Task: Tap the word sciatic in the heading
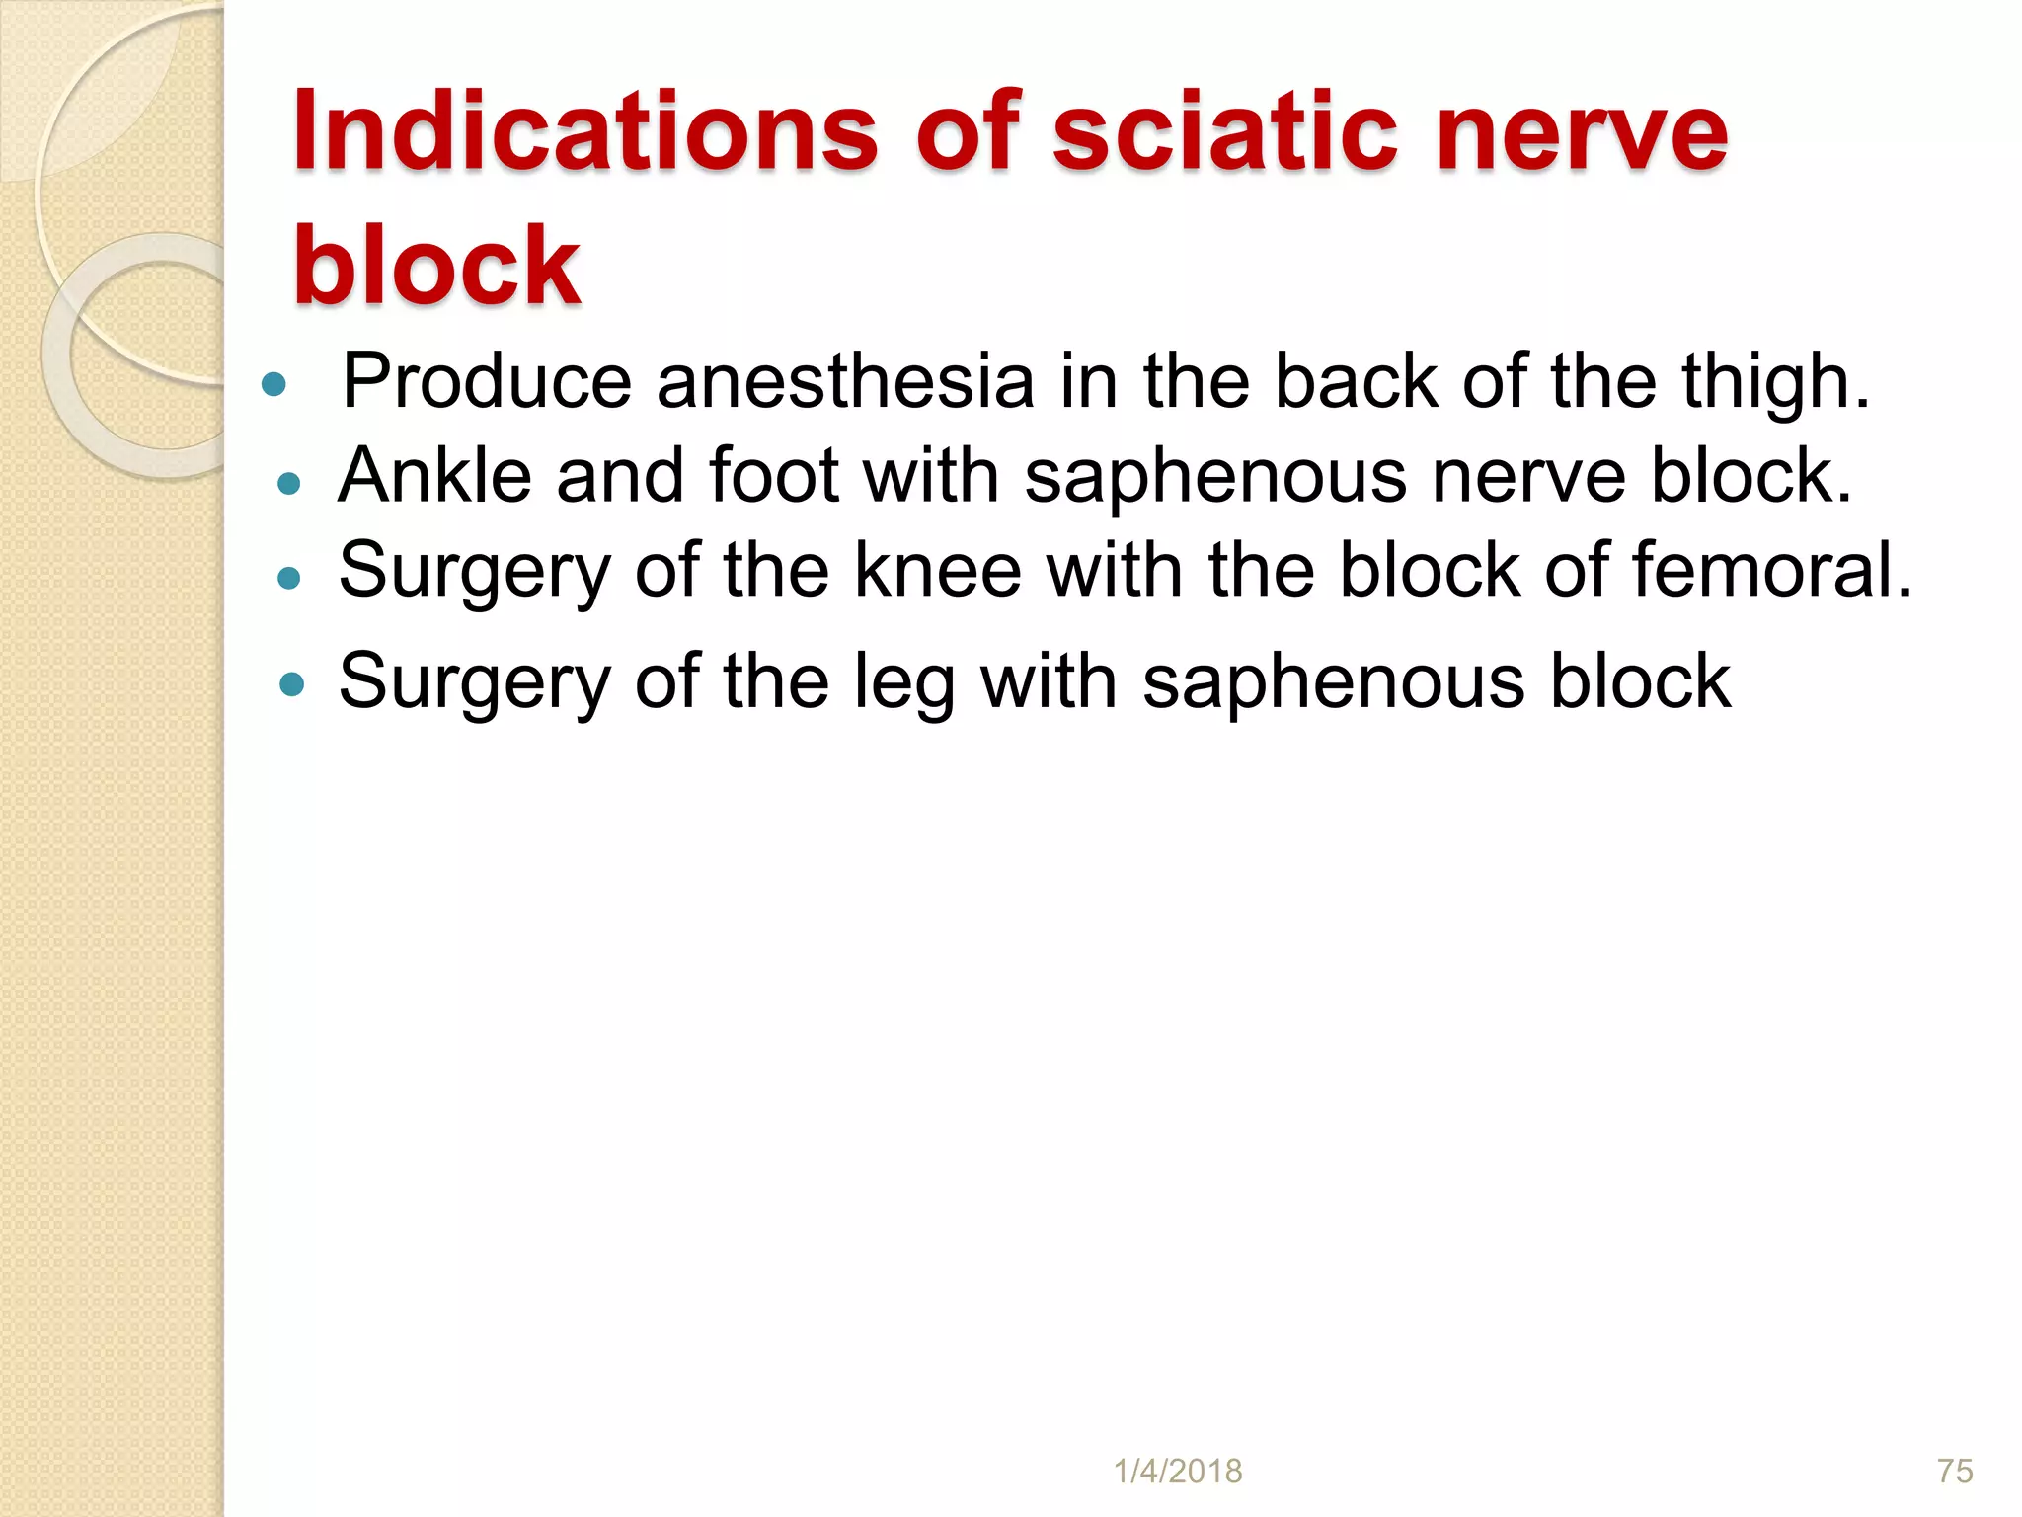coord(1224,132)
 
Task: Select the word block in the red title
coord(436,265)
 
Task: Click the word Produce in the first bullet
coord(487,381)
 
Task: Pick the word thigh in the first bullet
coord(1776,381)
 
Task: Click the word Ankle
coord(435,476)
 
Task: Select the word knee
coord(937,571)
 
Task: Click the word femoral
coord(1771,571)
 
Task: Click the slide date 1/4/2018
coord(1178,1472)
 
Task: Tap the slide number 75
coord(1955,1472)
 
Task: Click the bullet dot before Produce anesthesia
coord(274,384)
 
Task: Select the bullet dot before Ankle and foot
coord(288,483)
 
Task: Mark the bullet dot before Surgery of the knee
coord(288,578)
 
